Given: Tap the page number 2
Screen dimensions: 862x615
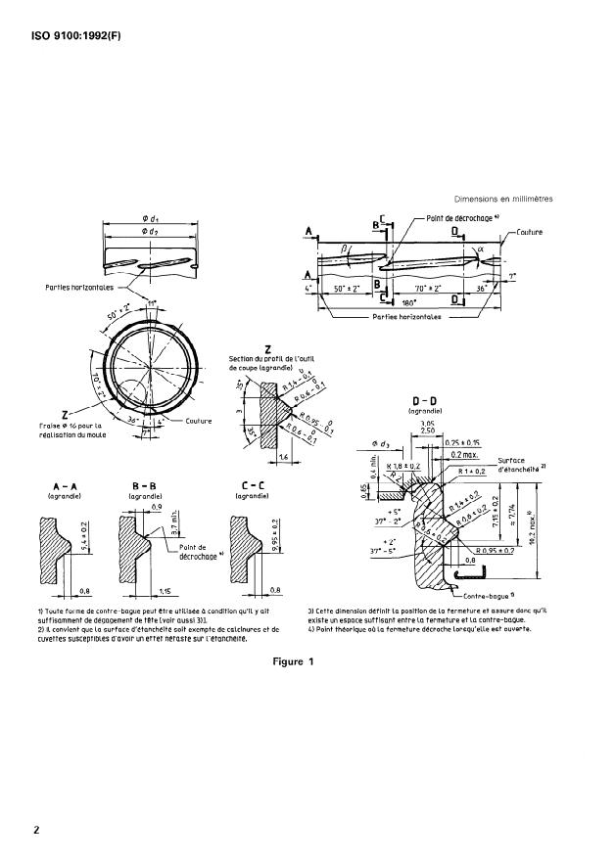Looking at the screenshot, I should pyautogui.click(x=36, y=830).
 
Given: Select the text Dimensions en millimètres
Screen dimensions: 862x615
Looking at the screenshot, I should pyautogui.click(x=503, y=199).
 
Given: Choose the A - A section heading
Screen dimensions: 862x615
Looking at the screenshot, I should pyautogui.click(x=68, y=487).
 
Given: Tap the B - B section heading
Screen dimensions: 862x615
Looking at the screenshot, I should pyautogui.click(x=145, y=487).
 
